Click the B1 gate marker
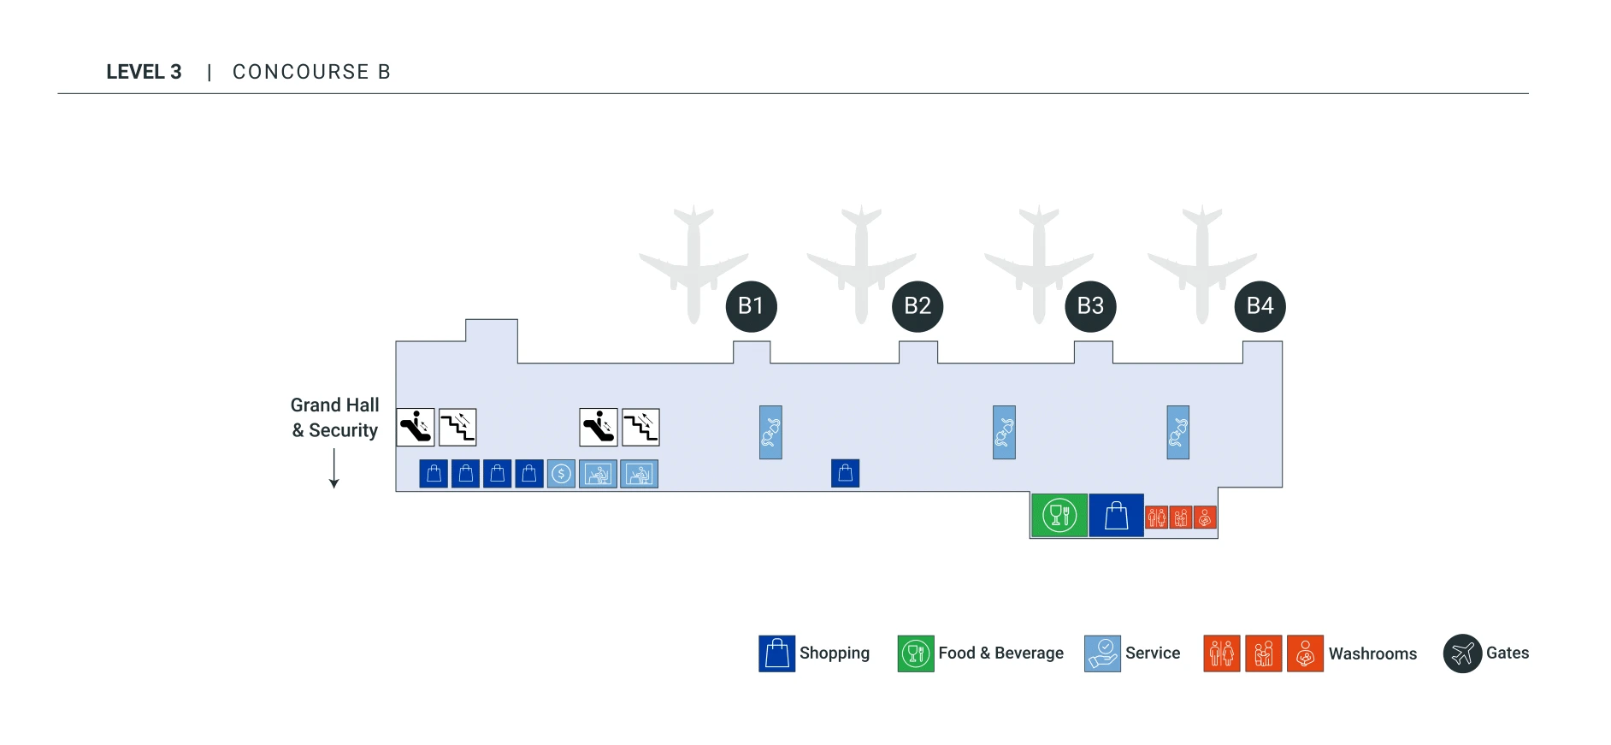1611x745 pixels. coord(751,306)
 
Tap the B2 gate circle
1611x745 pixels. coord(917,306)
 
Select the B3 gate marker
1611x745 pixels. coord(1090,306)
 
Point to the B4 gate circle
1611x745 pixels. coord(1260,306)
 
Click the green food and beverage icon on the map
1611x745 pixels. coord(1059,515)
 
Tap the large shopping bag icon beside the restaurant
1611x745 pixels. coord(1116,515)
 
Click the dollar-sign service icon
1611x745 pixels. coord(561,474)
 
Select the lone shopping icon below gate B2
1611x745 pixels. coord(845,473)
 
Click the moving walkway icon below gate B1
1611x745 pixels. coord(770,432)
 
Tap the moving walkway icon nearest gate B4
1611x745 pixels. coord(1177,432)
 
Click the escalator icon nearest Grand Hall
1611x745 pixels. coord(416,427)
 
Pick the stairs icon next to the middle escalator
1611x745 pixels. coord(640,427)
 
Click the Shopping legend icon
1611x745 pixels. coord(776,653)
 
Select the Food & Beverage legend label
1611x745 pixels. coord(1000,653)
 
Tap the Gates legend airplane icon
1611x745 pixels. coord(1462,653)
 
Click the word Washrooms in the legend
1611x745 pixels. coord(1372,653)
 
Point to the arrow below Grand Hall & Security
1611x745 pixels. coord(334,469)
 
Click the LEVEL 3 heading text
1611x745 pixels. coord(144,72)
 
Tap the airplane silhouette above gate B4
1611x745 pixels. coord(1201,261)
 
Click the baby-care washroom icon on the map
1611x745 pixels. coord(1205,517)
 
